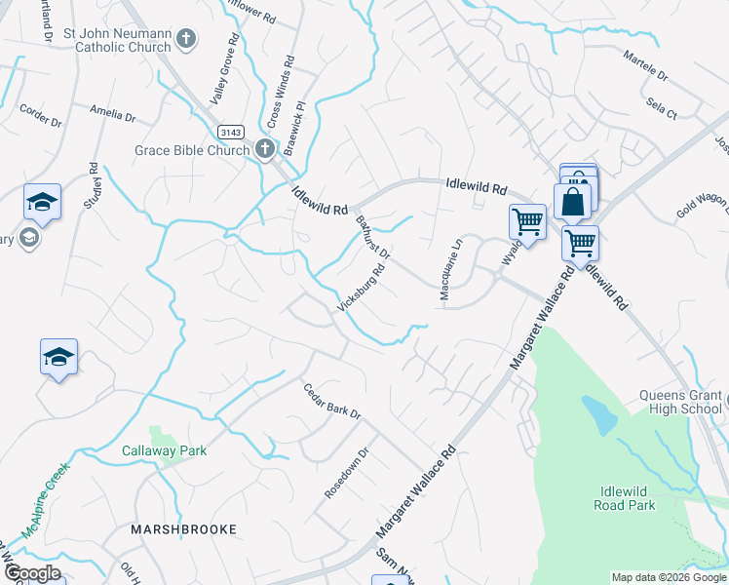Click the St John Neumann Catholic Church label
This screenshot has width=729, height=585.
click(x=116, y=41)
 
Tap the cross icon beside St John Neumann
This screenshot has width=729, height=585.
click(x=186, y=40)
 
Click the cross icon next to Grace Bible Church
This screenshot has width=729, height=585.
click(x=263, y=149)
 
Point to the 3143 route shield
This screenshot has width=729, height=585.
click(x=231, y=132)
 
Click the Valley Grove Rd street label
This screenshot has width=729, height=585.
click(x=223, y=72)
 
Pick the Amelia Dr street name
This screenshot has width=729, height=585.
click(x=112, y=114)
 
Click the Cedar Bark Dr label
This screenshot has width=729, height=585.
click(x=331, y=401)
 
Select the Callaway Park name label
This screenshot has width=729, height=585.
click(x=165, y=451)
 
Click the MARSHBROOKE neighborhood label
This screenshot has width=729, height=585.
click(x=184, y=528)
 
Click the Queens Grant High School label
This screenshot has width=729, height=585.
click(x=680, y=402)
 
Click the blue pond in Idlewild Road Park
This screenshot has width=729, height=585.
click(x=600, y=414)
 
